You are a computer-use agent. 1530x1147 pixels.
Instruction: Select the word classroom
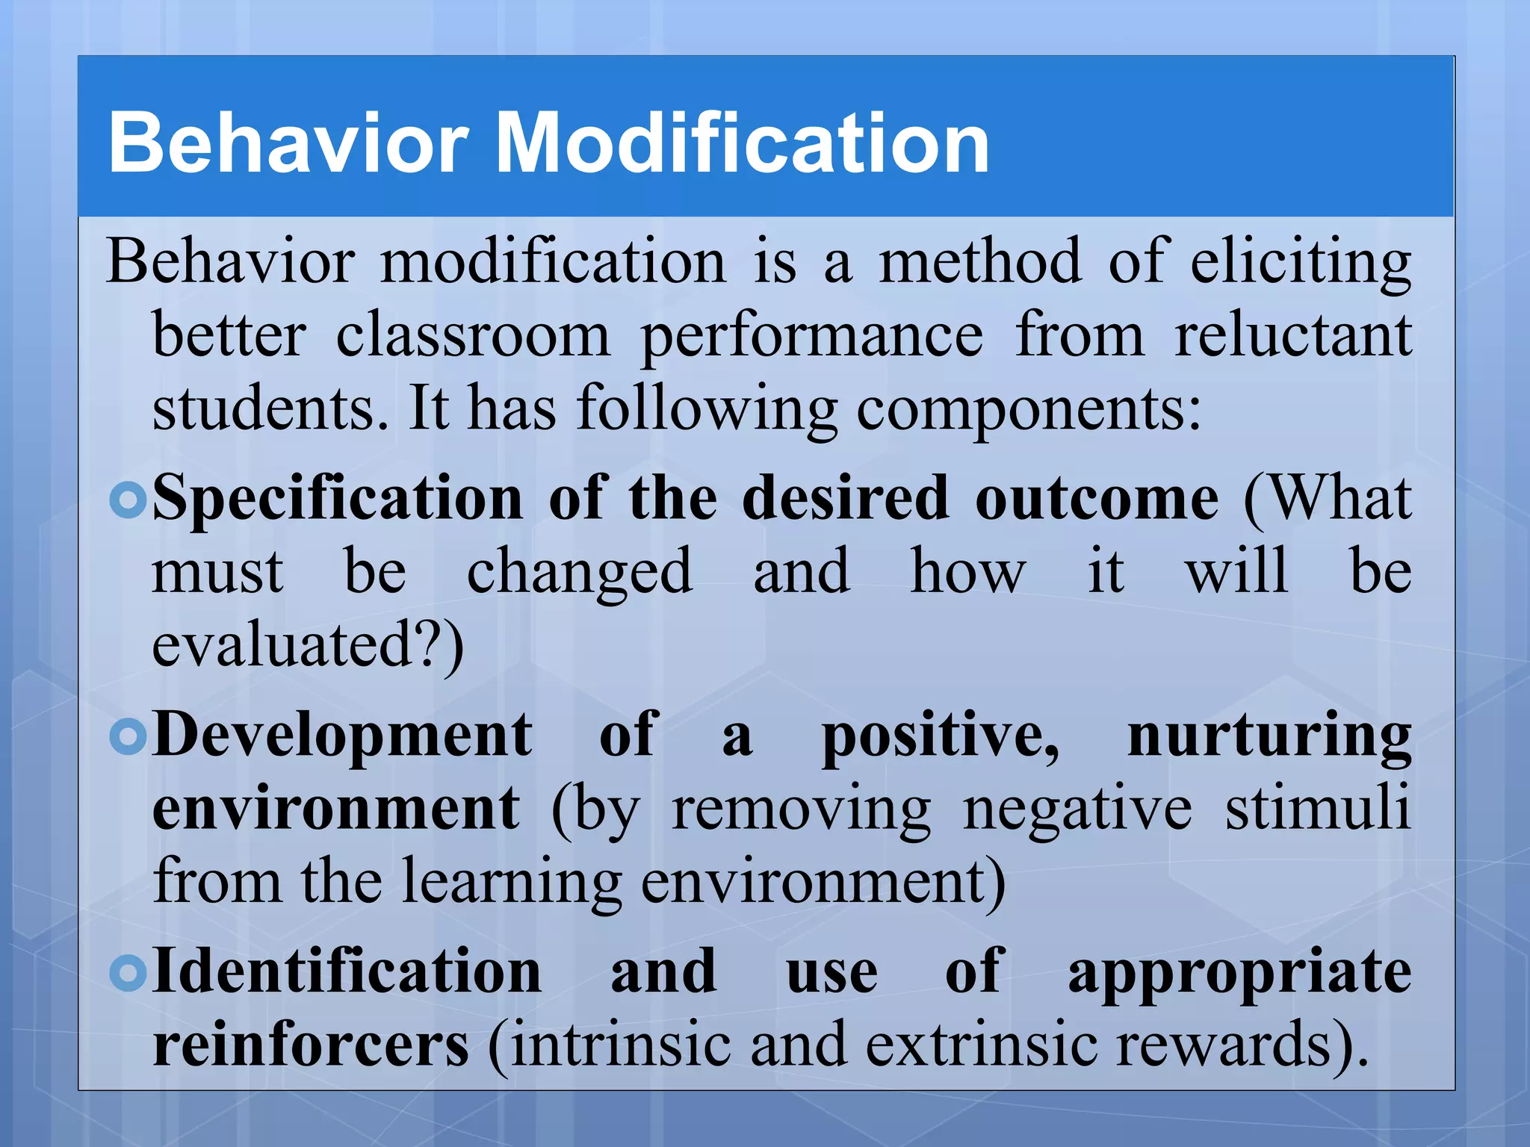tap(472, 336)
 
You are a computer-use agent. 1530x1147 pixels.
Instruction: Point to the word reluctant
tap(1293, 336)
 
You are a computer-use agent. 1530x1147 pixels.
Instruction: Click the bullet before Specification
tap(128, 500)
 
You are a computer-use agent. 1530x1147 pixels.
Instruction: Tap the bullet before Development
tap(128, 737)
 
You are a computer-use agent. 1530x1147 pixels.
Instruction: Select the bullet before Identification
tap(128, 972)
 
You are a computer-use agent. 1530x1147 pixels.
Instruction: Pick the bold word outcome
tap(1097, 499)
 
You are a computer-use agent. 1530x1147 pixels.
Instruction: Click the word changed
tap(580, 572)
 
